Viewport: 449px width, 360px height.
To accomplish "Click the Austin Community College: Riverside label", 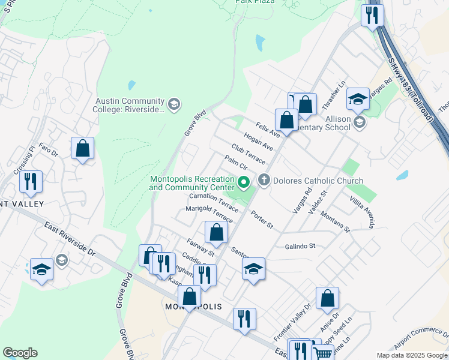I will [128, 105].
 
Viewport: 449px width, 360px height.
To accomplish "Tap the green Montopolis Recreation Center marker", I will [244, 182].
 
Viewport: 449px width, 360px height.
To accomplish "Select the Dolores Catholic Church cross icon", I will [264, 180].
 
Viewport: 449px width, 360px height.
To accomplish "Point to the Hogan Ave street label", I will [259, 143].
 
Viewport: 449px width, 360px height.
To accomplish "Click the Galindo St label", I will [300, 246].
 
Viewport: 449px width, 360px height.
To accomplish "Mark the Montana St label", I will [335, 221].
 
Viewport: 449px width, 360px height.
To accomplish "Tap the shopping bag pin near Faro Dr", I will [83, 148].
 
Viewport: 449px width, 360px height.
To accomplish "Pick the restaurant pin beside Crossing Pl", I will [31, 181].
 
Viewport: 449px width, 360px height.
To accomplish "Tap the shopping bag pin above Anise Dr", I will [327, 298].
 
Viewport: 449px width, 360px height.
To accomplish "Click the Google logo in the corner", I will [20, 353].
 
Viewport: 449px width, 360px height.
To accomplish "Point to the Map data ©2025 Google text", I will [411, 355].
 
